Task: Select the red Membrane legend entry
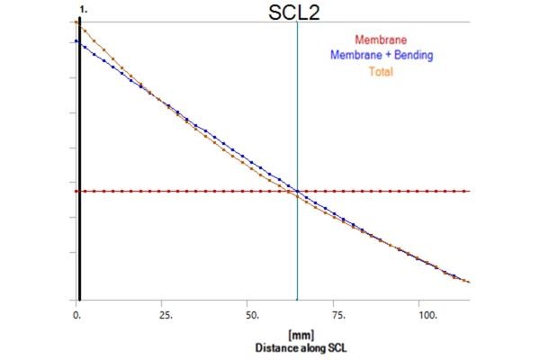click(382, 40)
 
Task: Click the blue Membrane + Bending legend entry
click(382, 55)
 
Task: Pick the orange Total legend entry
click(382, 69)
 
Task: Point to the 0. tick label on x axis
click(76, 317)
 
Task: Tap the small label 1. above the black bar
click(83, 7)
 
